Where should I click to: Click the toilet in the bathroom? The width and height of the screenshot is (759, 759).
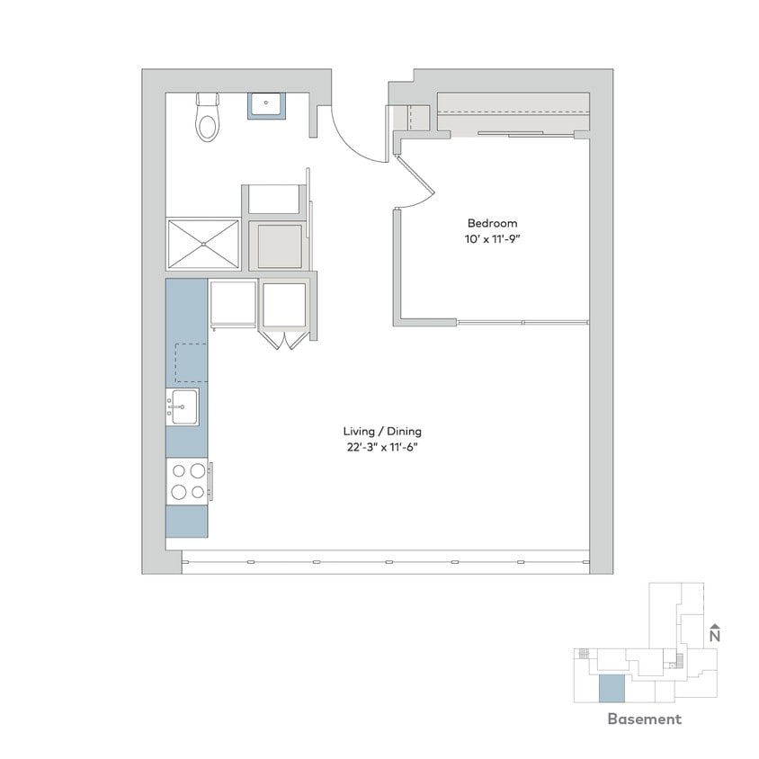click(x=208, y=121)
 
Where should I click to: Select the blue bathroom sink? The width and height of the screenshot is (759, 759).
click(x=266, y=105)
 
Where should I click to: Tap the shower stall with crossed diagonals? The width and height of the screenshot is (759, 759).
click(x=203, y=243)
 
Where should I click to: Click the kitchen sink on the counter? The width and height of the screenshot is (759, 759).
click(x=183, y=406)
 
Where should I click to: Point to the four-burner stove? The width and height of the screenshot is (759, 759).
click(x=187, y=480)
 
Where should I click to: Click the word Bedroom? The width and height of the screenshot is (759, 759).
click(x=492, y=223)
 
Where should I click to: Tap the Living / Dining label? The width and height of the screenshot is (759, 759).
click(x=382, y=431)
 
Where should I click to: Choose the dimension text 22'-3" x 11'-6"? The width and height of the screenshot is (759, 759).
click(x=382, y=447)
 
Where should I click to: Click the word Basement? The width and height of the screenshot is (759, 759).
click(x=644, y=719)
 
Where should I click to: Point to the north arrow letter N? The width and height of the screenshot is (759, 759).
click(x=715, y=636)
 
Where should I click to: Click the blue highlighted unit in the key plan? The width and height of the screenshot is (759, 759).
click(x=611, y=690)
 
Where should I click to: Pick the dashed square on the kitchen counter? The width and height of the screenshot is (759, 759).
click(x=187, y=362)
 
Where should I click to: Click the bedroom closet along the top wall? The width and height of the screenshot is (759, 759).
click(x=513, y=115)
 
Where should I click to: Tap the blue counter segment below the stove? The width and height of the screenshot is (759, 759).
click(x=187, y=521)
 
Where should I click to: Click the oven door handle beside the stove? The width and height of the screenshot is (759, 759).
click(x=211, y=480)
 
